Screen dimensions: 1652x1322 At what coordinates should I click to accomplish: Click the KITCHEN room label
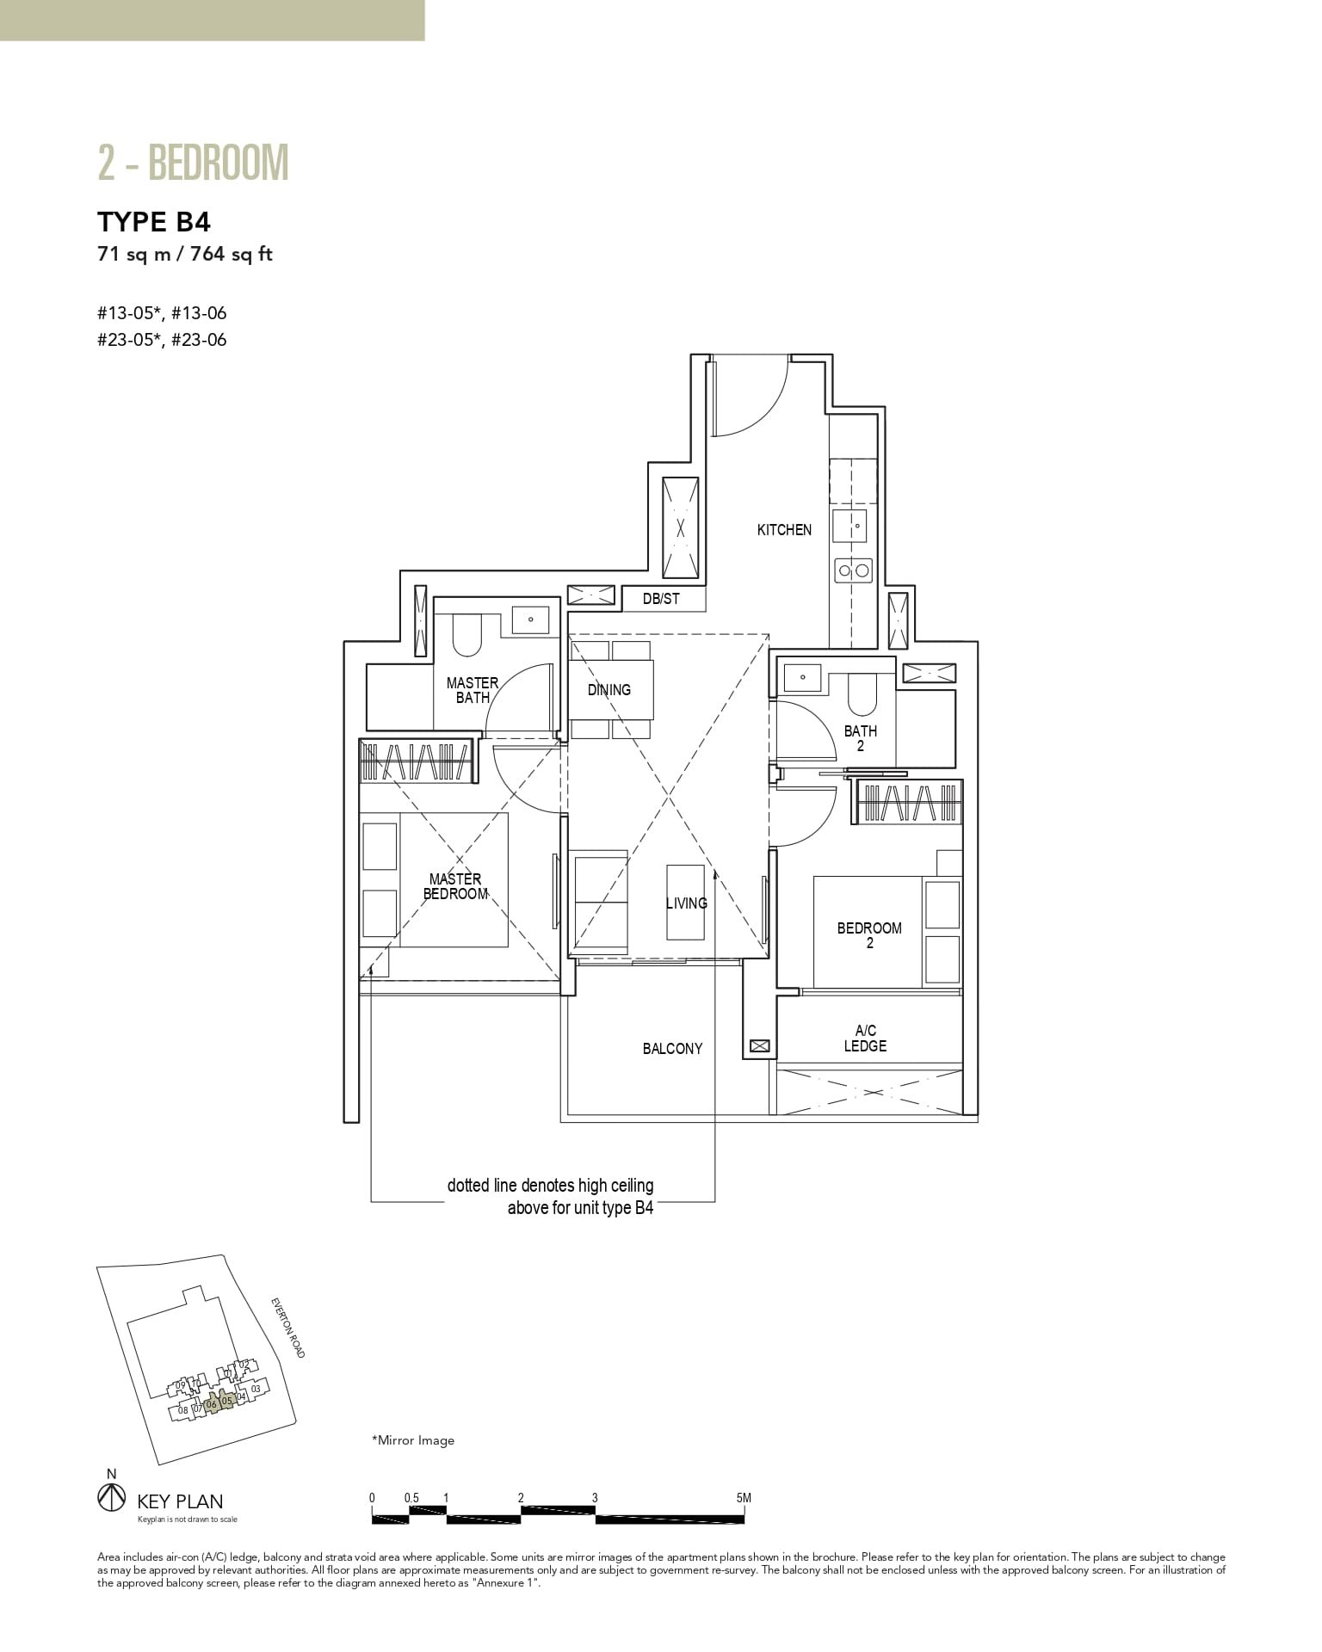pos(783,530)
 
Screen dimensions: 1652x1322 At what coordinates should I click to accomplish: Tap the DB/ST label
pos(661,599)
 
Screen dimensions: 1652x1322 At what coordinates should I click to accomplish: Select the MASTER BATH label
pos(472,690)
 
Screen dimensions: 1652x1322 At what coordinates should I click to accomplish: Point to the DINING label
pos(609,690)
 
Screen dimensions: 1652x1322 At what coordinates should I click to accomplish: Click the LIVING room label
pos(686,903)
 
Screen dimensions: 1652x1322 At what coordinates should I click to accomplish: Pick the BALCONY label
pos(672,1049)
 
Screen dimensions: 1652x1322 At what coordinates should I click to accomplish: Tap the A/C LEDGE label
pos(865,1039)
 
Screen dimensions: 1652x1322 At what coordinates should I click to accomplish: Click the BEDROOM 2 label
pos(869,935)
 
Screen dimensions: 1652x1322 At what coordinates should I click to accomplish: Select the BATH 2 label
pos(860,738)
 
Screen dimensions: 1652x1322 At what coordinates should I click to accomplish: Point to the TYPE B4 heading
pos(154,222)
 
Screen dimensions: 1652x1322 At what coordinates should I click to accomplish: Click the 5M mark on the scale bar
pos(744,1498)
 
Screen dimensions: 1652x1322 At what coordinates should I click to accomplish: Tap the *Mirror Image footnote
pos(412,1440)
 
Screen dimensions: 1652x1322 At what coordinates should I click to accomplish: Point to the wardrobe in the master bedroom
pos(416,761)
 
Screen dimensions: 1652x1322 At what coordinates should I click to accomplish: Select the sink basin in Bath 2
pos(802,676)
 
